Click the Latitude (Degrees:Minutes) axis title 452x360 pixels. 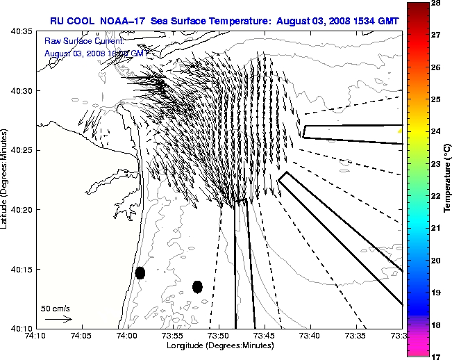pos(6,179)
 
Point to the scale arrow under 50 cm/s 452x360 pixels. pos(58,319)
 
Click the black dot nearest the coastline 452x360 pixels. pos(140,272)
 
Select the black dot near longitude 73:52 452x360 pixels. pos(197,286)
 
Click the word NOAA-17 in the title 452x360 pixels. pos(122,20)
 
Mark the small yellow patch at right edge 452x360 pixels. pos(400,130)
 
